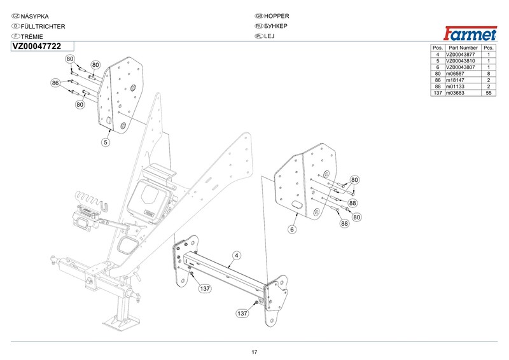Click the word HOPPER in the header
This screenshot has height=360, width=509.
[x=277, y=15]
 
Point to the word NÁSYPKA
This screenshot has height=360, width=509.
[x=36, y=15]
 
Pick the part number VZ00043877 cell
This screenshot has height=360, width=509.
[x=462, y=55]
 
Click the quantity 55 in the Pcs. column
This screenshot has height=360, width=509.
[x=489, y=93]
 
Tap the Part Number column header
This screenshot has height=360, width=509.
[x=463, y=48]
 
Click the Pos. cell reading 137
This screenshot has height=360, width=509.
[x=437, y=93]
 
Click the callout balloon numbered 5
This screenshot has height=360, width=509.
[x=107, y=142]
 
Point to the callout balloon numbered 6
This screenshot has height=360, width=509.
[x=292, y=229]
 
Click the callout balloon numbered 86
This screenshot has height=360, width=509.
[x=55, y=83]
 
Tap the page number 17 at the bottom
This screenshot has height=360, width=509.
[x=254, y=352]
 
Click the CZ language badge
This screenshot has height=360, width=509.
[x=16, y=15]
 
